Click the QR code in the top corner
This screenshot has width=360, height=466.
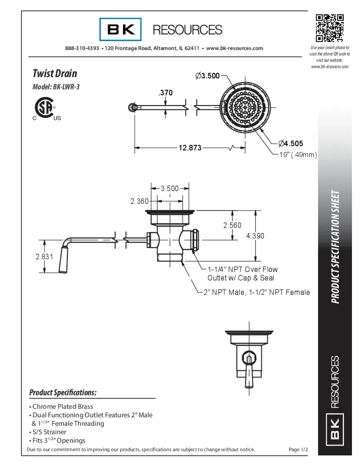click(x=329, y=28)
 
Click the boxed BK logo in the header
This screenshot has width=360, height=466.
click(x=121, y=29)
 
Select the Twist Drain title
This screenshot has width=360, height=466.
click(x=55, y=73)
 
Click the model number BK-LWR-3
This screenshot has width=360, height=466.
click(x=56, y=87)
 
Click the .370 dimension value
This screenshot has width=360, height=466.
click(x=165, y=92)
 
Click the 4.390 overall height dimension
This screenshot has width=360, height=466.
click(x=255, y=236)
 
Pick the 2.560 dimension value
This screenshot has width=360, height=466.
click(x=232, y=225)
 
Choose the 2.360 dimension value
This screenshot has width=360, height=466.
click(x=139, y=201)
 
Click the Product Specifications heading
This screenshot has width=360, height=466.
click(x=63, y=393)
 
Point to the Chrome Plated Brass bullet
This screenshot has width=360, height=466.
click(x=62, y=407)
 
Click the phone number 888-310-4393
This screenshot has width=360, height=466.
click(x=82, y=48)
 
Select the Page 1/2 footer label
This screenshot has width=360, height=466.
click(x=298, y=449)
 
